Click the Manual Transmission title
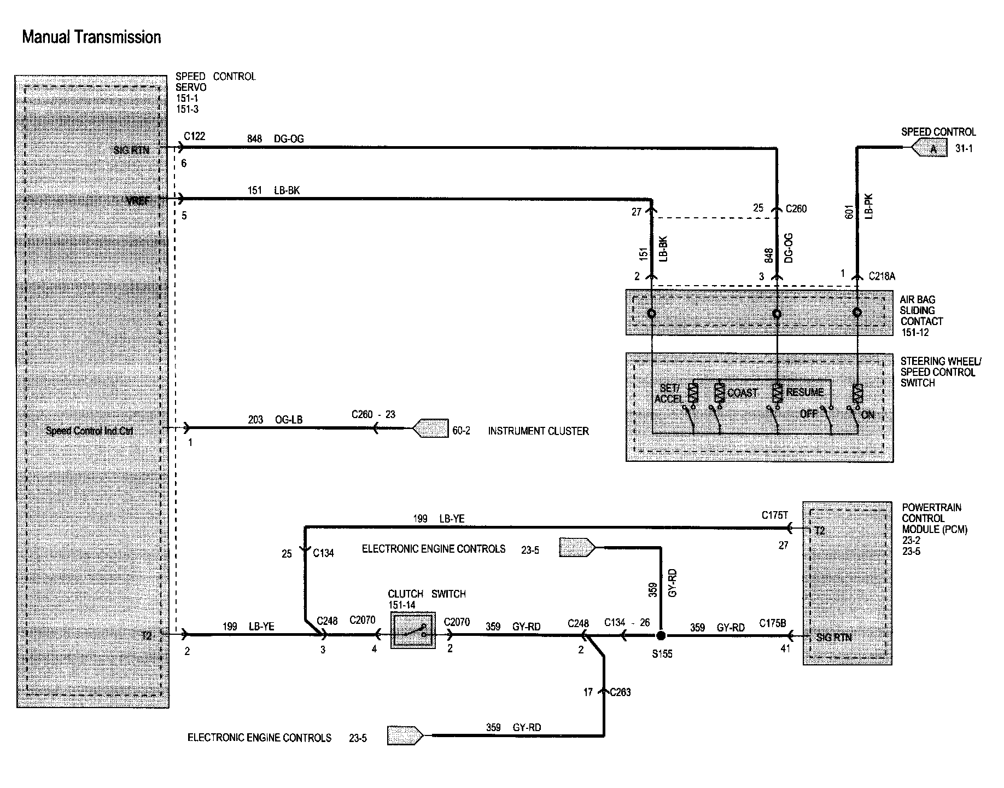91,37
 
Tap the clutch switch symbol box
413,631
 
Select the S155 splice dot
661,636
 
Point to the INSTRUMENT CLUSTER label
538,431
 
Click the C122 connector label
194,136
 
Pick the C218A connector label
882,276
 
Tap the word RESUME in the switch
804,392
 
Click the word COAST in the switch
742,393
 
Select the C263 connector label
620,692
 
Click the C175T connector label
774,515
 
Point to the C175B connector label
772,623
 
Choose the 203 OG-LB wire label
275,420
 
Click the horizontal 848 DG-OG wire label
275,139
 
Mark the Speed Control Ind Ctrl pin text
89,431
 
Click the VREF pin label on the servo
137,201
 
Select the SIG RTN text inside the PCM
833,638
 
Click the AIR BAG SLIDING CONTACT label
921,316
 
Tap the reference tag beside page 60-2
430,428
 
